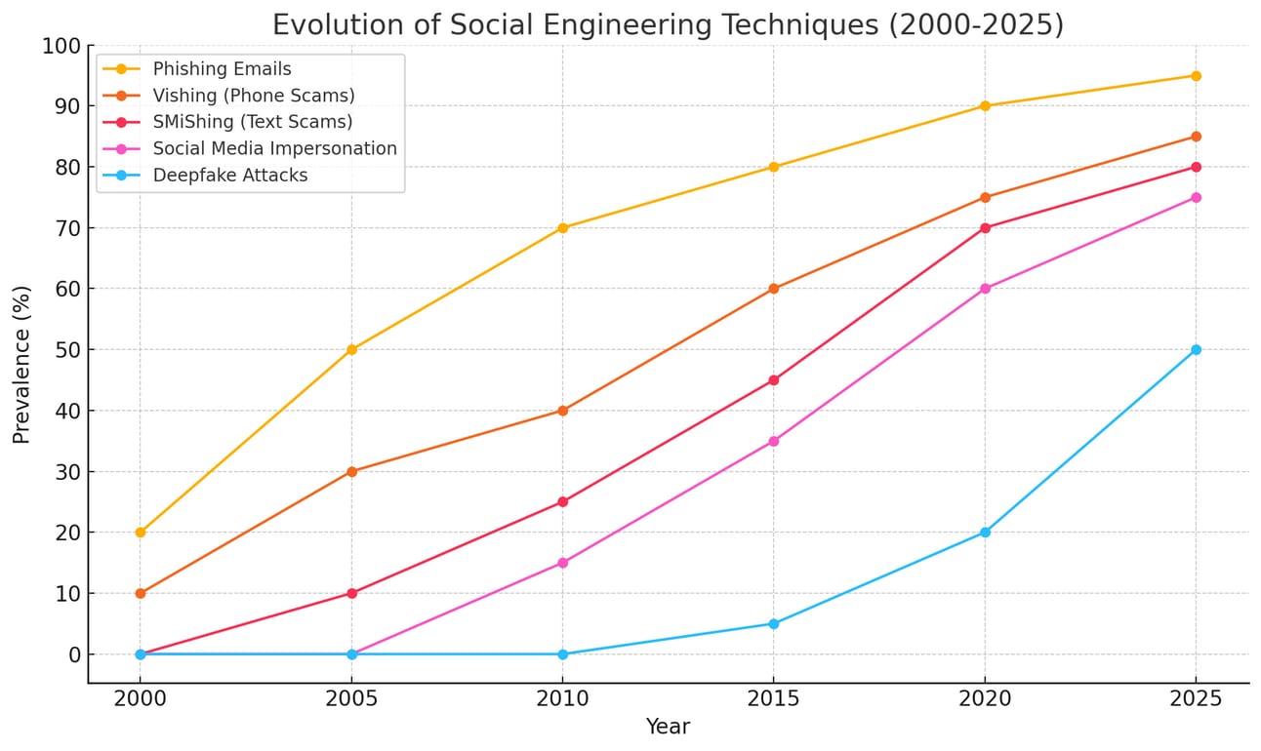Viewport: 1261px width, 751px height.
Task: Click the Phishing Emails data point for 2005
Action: pyautogui.click(x=351, y=349)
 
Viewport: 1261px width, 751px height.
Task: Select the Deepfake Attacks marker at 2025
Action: pyautogui.click(x=1196, y=349)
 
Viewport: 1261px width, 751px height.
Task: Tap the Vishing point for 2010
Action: pyautogui.click(x=562, y=411)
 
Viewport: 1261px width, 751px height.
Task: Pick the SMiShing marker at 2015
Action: pyautogui.click(x=774, y=380)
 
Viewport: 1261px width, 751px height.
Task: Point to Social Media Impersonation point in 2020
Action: pyautogui.click(x=985, y=289)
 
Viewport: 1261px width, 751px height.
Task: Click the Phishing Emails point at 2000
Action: pyautogui.click(x=141, y=533)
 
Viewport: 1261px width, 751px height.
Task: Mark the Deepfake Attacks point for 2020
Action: pyautogui.click(x=985, y=533)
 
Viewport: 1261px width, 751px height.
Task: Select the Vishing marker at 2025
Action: pyautogui.click(x=1196, y=137)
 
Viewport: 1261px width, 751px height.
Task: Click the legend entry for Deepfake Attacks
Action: pyautogui.click(x=230, y=176)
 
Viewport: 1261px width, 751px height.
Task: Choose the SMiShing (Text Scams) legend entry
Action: pyautogui.click(x=253, y=122)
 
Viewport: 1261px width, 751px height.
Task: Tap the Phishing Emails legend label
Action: pyautogui.click(x=223, y=69)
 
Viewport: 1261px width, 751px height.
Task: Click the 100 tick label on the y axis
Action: pyautogui.click(x=61, y=45)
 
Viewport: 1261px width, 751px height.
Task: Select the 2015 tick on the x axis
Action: pyautogui.click(x=774, y=698)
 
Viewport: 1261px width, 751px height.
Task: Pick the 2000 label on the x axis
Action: pyautogui.click(x=141, y=698)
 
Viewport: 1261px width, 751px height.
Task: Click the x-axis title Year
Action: pyautogui.click(x=668, y=727)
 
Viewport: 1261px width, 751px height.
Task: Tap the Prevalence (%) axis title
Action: pyautogui.click(x=22, y=365)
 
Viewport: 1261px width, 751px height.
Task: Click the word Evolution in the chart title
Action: pyautogui.click(x=331, y=24)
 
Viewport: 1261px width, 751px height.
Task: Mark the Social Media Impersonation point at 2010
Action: pyautogui.click(x=562, y=563)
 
